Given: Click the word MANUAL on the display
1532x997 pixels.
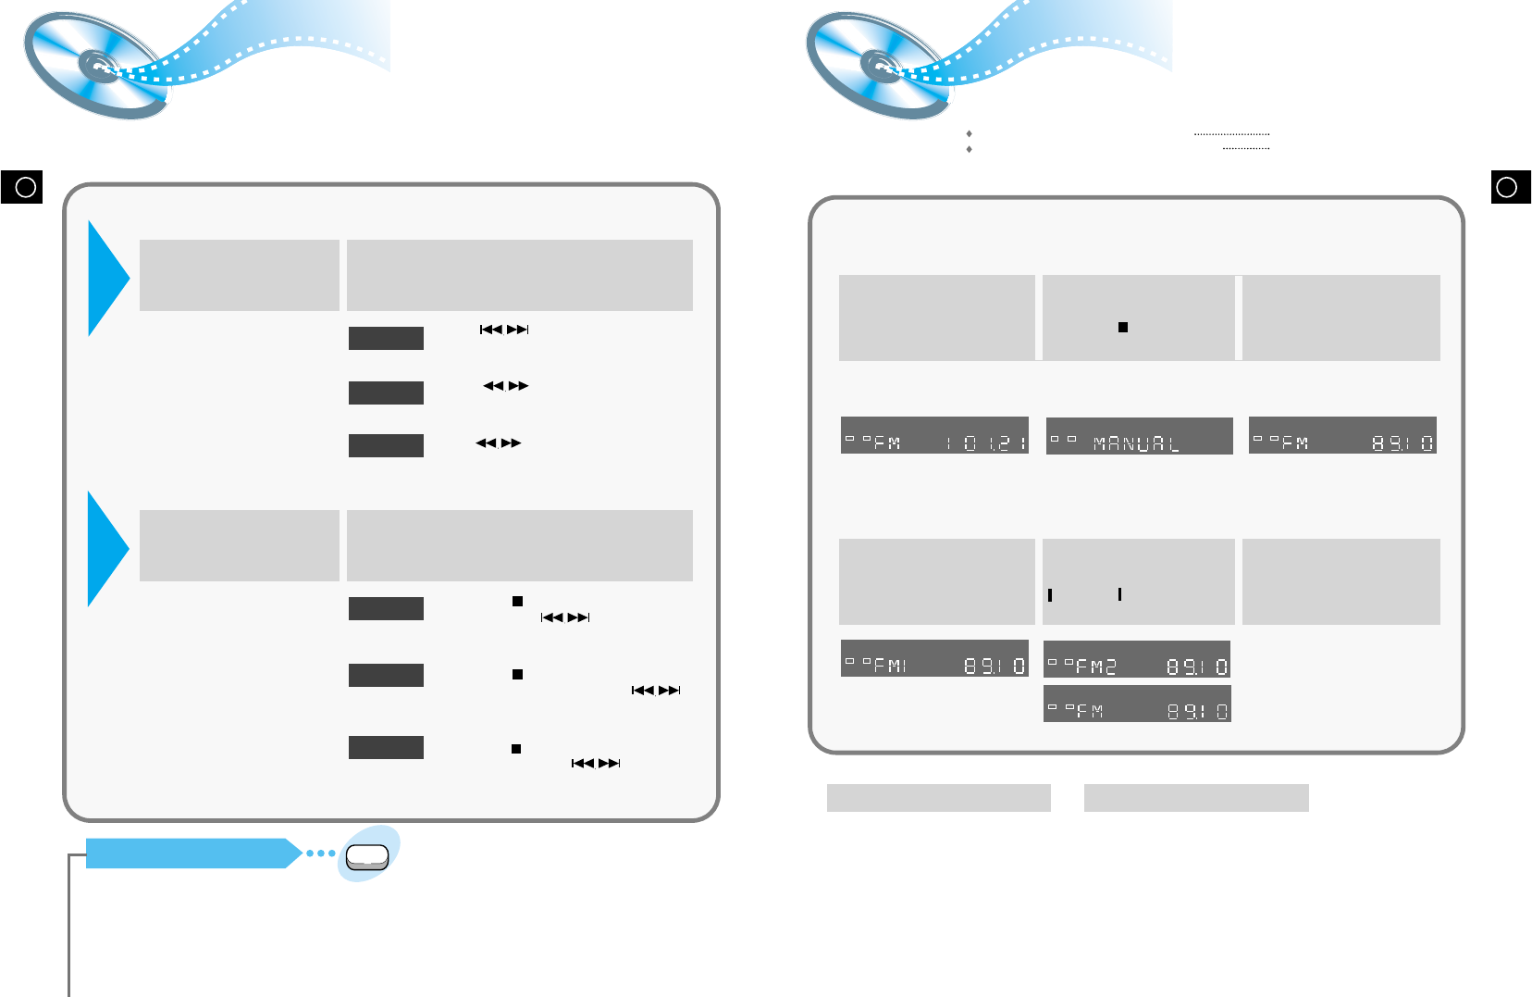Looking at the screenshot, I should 1136,444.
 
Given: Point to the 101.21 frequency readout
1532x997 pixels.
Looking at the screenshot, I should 986,443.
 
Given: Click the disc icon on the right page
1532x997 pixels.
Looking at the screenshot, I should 878,66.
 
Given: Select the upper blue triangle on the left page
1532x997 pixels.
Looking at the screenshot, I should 107,278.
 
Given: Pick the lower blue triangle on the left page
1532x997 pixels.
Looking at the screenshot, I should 107,548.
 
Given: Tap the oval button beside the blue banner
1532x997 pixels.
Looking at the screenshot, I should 367,857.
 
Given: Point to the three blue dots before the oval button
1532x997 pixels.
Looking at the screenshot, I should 320,853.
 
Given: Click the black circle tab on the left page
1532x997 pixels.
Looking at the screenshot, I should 22,187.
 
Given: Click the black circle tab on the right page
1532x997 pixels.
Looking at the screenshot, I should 1510,187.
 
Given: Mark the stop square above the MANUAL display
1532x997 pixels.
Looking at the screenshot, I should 1123,327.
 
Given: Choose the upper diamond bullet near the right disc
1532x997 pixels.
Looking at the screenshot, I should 969,134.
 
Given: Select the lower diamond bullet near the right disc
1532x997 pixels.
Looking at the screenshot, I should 969,149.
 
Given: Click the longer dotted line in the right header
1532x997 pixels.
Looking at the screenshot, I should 1231,135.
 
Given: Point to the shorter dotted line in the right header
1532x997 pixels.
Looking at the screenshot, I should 1245,149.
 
